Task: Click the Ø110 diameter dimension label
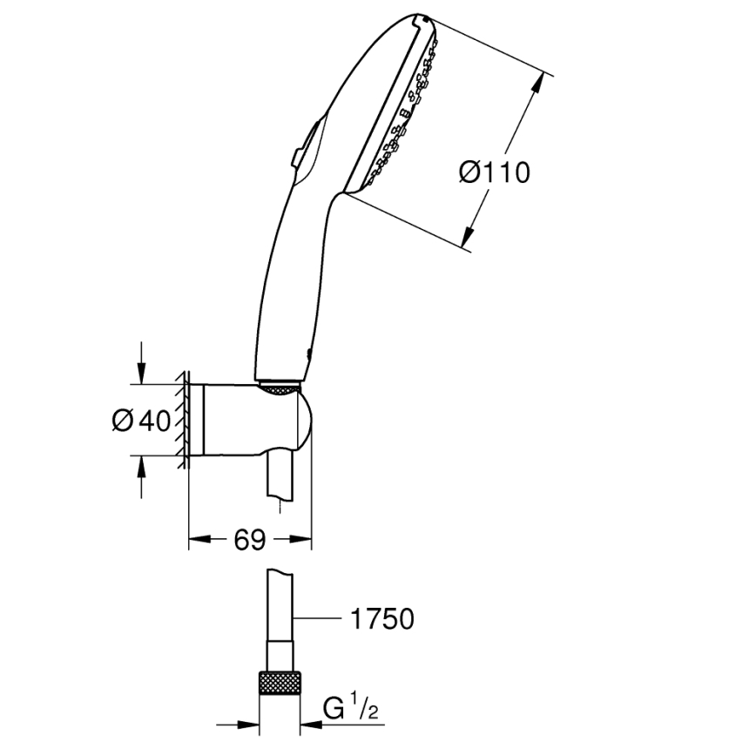[x=494, y=172]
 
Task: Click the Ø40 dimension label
[x=142, y=421]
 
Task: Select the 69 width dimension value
[x=249, y=540]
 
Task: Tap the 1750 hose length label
[x=381, y=619]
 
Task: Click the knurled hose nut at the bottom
[x=280, y=682]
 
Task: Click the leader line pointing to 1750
[x=318, y=619]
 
